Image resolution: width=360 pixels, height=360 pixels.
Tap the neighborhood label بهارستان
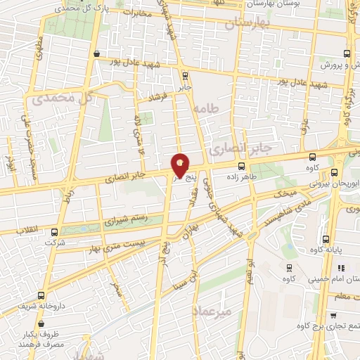tap(247, 24)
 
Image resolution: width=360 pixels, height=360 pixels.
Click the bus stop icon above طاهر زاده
tap(242, 166)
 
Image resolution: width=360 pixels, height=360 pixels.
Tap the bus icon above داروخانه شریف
tap(41, 295)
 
